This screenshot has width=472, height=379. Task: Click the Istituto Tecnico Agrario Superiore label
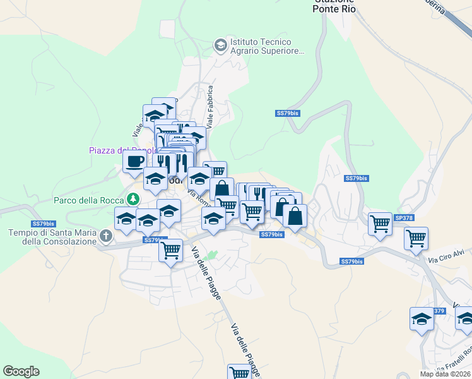[267, 45]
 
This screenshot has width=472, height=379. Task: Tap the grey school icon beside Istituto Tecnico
[220, 44]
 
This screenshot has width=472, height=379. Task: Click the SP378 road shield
[403, 217]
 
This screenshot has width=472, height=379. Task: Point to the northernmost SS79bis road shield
[287, 113]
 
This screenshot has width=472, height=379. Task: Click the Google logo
[21, 371]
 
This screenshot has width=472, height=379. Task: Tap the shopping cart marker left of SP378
[380, 223]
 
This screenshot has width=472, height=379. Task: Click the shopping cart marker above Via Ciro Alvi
[416, 238]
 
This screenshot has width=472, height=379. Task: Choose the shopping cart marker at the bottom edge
[239, 373]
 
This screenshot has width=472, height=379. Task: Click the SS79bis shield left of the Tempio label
[42, 224]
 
